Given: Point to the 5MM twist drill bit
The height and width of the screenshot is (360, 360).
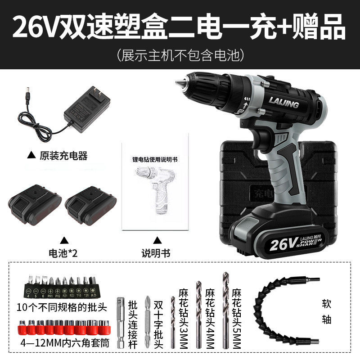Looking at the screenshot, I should [226, 310].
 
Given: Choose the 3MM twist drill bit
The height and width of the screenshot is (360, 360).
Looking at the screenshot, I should [172, 322].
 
